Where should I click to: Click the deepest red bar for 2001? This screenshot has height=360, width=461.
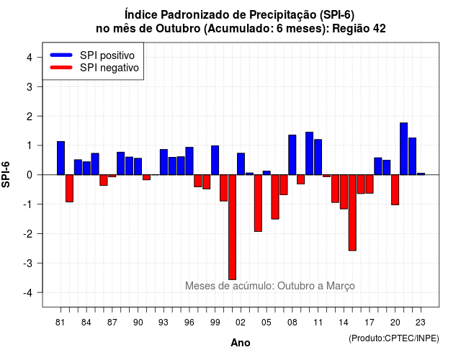(x=232, y=227)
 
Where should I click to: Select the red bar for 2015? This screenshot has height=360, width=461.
(x=352, y=212)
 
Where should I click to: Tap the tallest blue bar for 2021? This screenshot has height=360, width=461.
(x=403, y=149)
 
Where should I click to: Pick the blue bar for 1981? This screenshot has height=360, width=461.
(x=61, y=158)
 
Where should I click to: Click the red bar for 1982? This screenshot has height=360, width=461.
(x=69, y=189)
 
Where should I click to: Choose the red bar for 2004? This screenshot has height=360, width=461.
(x=258, y=203)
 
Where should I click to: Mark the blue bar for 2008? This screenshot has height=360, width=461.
(x=292, y=155)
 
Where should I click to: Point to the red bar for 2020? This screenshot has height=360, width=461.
(x=395, y=190)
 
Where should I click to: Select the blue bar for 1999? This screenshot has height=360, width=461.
(x=215, y=160)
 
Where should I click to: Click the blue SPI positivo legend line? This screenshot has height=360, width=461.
(x=61, y=55)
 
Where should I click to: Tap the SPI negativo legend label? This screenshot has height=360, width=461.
(x=109, y=68)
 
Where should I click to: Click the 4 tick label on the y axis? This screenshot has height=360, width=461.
(x=30, y=58)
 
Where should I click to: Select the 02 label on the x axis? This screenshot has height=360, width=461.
(x=241, y=323)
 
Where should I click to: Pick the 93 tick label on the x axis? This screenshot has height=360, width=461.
(x=164, y=323)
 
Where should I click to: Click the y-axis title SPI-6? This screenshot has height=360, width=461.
(x=6, y=174)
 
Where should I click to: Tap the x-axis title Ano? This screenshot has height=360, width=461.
(x=241, y=343)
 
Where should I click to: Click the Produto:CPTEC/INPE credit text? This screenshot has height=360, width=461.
(x=394, y=338)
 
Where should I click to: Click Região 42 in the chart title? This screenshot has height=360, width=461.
(x=359, y=29)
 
